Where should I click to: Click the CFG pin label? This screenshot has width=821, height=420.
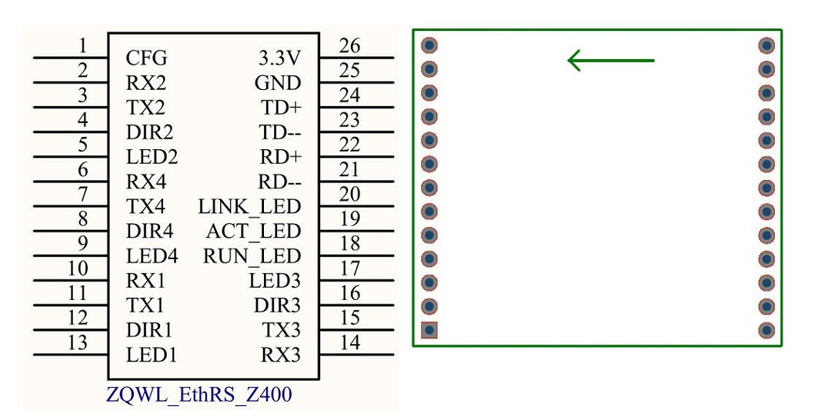pos(145,58)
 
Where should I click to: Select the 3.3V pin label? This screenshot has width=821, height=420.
pos(279,58)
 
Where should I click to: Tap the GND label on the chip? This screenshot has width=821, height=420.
pos(277,83)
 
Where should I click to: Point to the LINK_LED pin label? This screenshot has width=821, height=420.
pos(249,207)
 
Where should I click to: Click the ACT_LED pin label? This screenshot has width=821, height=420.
pos(253,232)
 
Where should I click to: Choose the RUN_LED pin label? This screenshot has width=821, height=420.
pos(252,256)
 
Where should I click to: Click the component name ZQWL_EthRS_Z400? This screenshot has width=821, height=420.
pos(199,395)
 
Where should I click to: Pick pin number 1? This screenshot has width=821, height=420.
pos(83,46)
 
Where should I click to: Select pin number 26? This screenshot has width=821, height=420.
pos(349,46)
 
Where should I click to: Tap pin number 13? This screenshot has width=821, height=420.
pos(78,342)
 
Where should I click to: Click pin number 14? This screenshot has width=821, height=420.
pos(349,342)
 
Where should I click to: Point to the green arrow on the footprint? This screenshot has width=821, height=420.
pos(610,60)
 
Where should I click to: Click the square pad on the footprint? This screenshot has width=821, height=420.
pos(429,330)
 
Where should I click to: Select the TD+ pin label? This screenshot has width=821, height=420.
pos(281,108)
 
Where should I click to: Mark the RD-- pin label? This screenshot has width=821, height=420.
pos(279,182)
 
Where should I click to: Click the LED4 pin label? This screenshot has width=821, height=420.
pos(152,256)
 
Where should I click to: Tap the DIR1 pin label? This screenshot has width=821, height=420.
pos(149,330)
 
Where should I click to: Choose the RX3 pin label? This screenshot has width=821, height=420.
pos(280,355)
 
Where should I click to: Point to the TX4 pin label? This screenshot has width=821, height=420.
pos(147,207)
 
